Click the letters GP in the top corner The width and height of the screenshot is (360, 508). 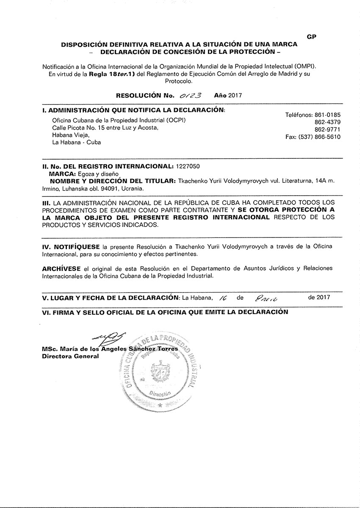[311, 37]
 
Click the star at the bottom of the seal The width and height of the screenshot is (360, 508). [160, 405]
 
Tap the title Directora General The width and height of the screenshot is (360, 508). [70, 356]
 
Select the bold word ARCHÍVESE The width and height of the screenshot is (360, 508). [61, 269]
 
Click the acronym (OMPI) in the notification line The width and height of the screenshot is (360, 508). [305, 67]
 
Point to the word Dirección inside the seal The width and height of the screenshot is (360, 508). [159, 393]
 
